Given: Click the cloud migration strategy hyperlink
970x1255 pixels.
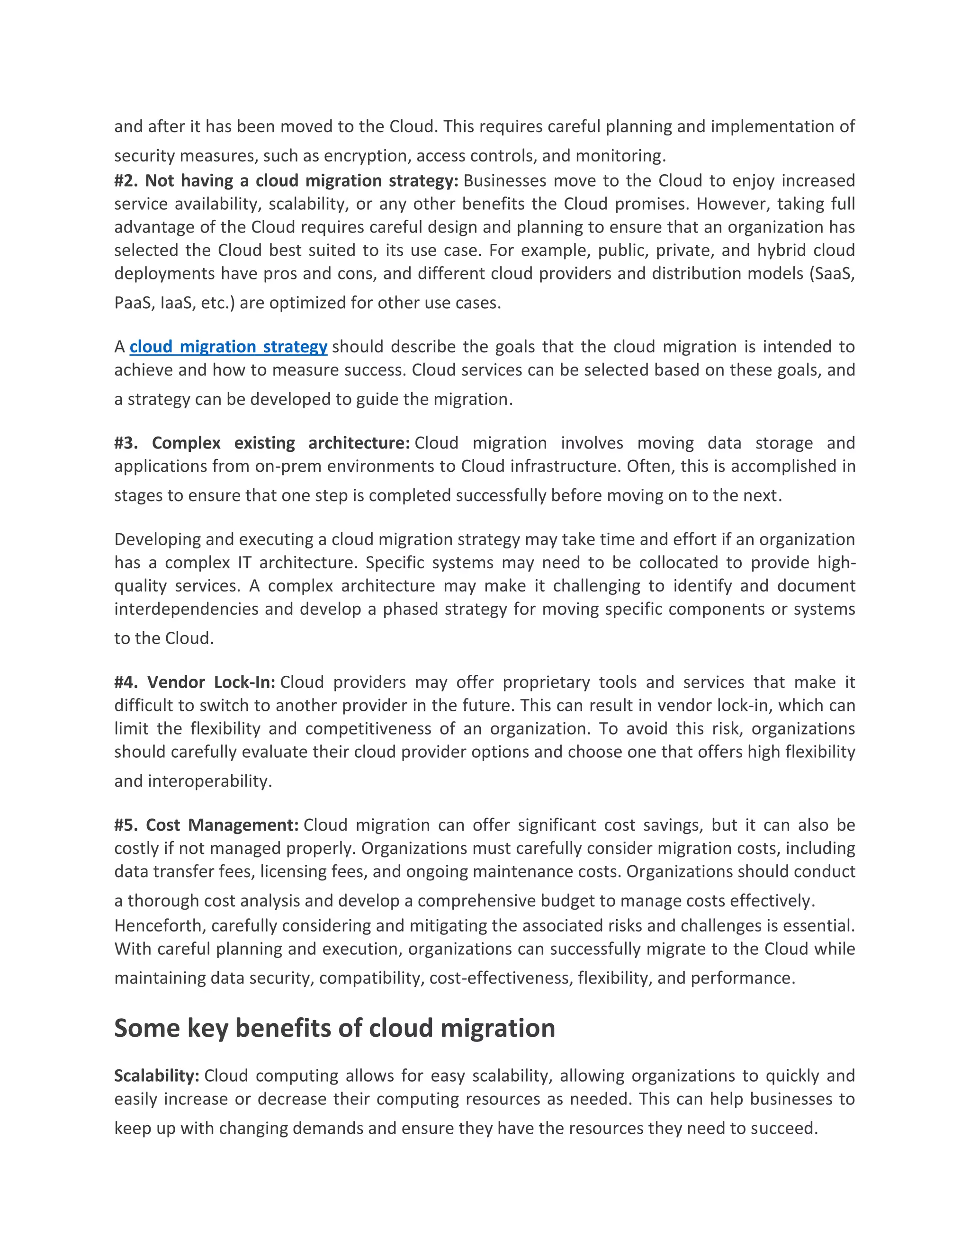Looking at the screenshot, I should [228, 347].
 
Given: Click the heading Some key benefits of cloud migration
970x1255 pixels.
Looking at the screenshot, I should [334, 1028].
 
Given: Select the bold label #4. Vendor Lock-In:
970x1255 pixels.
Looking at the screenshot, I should [195, 682].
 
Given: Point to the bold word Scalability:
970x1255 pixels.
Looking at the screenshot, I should [156, 1076].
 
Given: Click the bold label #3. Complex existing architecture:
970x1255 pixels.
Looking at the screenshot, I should [261, 443].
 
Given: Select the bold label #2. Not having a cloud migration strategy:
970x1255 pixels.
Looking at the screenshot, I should [286, 181].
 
